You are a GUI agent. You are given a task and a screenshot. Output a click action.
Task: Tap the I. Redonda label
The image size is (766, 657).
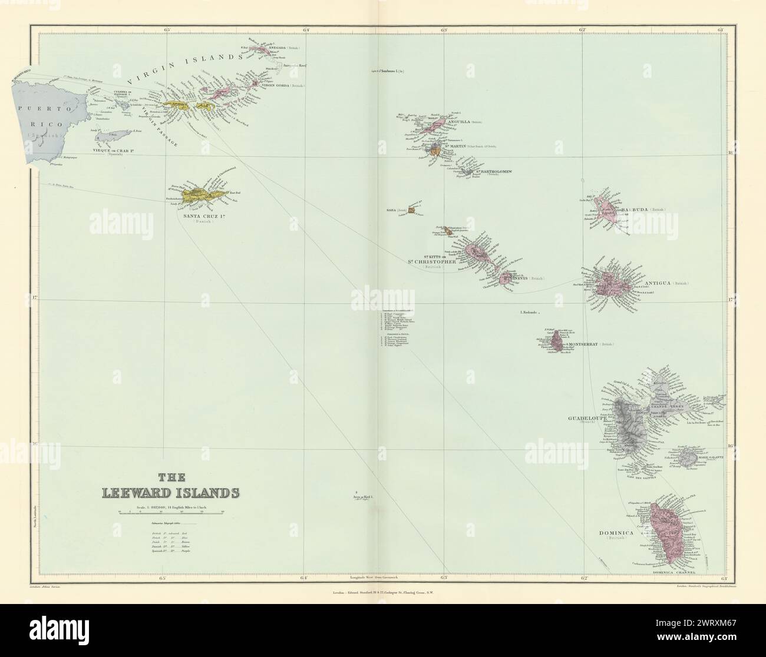point(529,312)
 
